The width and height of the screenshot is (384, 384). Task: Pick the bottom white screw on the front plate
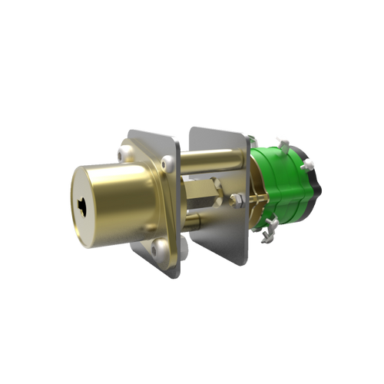click(161, 247)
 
